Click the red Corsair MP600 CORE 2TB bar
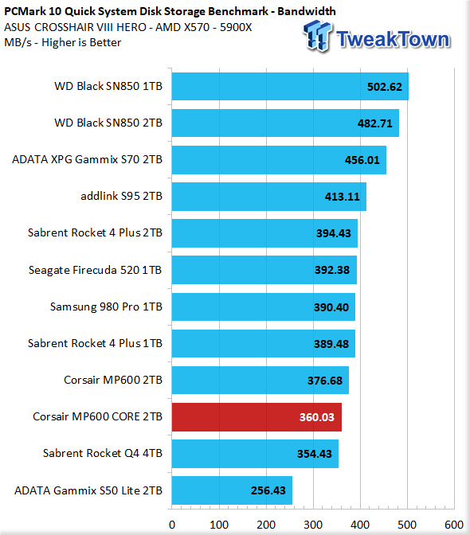point(257,417)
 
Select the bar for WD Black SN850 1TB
point(290,86)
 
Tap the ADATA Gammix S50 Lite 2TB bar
point(232,490)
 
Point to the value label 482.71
point(375,123)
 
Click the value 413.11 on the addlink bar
point(343,197)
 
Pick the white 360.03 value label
point(317,417)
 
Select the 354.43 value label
point(315,454)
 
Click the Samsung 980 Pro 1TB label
point(106,307)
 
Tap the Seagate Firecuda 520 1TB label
point(96,270)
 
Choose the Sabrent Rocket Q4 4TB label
point(103,453)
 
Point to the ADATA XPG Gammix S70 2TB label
point(87,159)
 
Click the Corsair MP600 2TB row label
point(113,380)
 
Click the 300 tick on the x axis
point(313,525)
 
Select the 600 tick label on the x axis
point(454,525)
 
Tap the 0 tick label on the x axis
point(172,525)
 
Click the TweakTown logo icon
point(317,36)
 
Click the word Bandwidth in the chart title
point(307,11)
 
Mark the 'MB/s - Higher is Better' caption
point(63,43)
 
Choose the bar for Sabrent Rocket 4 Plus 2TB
point(264,233)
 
